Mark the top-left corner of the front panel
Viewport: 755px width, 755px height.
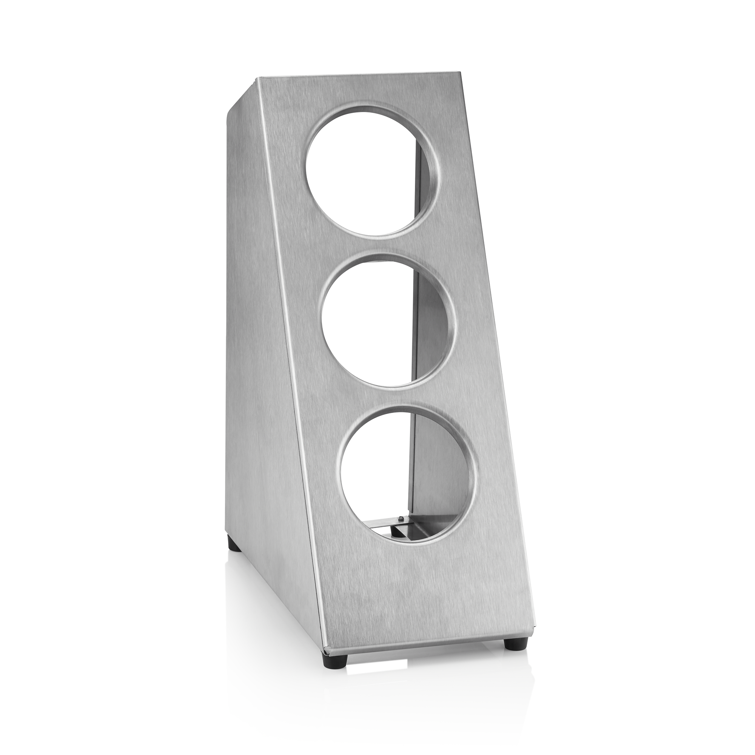click(x=256, y=78)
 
